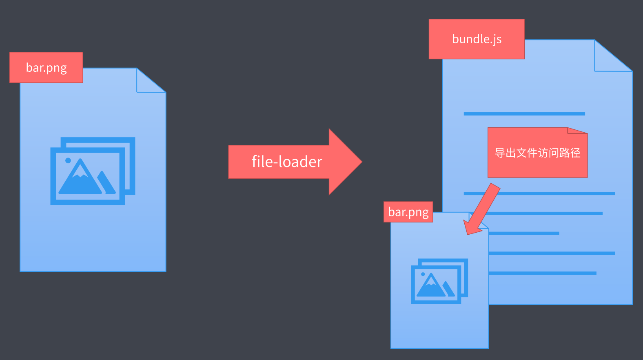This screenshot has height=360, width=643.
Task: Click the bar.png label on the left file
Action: pyautogui.click(x=46, y=67)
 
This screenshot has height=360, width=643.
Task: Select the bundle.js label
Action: pyautogui.click(x=477, y=39)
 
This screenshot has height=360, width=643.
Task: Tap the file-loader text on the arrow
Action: pyautogui.click(x=287, y=162)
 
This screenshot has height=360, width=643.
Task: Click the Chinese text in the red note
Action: pyautogui.click(x=537, y=153)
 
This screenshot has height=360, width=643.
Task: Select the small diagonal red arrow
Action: pyautogui.click(x=483, y=209)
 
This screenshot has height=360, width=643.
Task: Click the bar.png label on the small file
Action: pyautogui.click(x=408, y=212)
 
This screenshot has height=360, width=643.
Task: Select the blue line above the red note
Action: pyautogui.click(x=524, y=114)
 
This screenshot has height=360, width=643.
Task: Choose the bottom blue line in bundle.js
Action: pyautogui.click(x=543, y=273)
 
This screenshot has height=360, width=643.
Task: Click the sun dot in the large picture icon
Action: pyautogui.click(x=68, y=160)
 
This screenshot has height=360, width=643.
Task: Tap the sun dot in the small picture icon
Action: pyautogui.click(x=423, y=274)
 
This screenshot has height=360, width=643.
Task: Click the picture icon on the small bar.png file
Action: pyautogui.click(x=439, y=281)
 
